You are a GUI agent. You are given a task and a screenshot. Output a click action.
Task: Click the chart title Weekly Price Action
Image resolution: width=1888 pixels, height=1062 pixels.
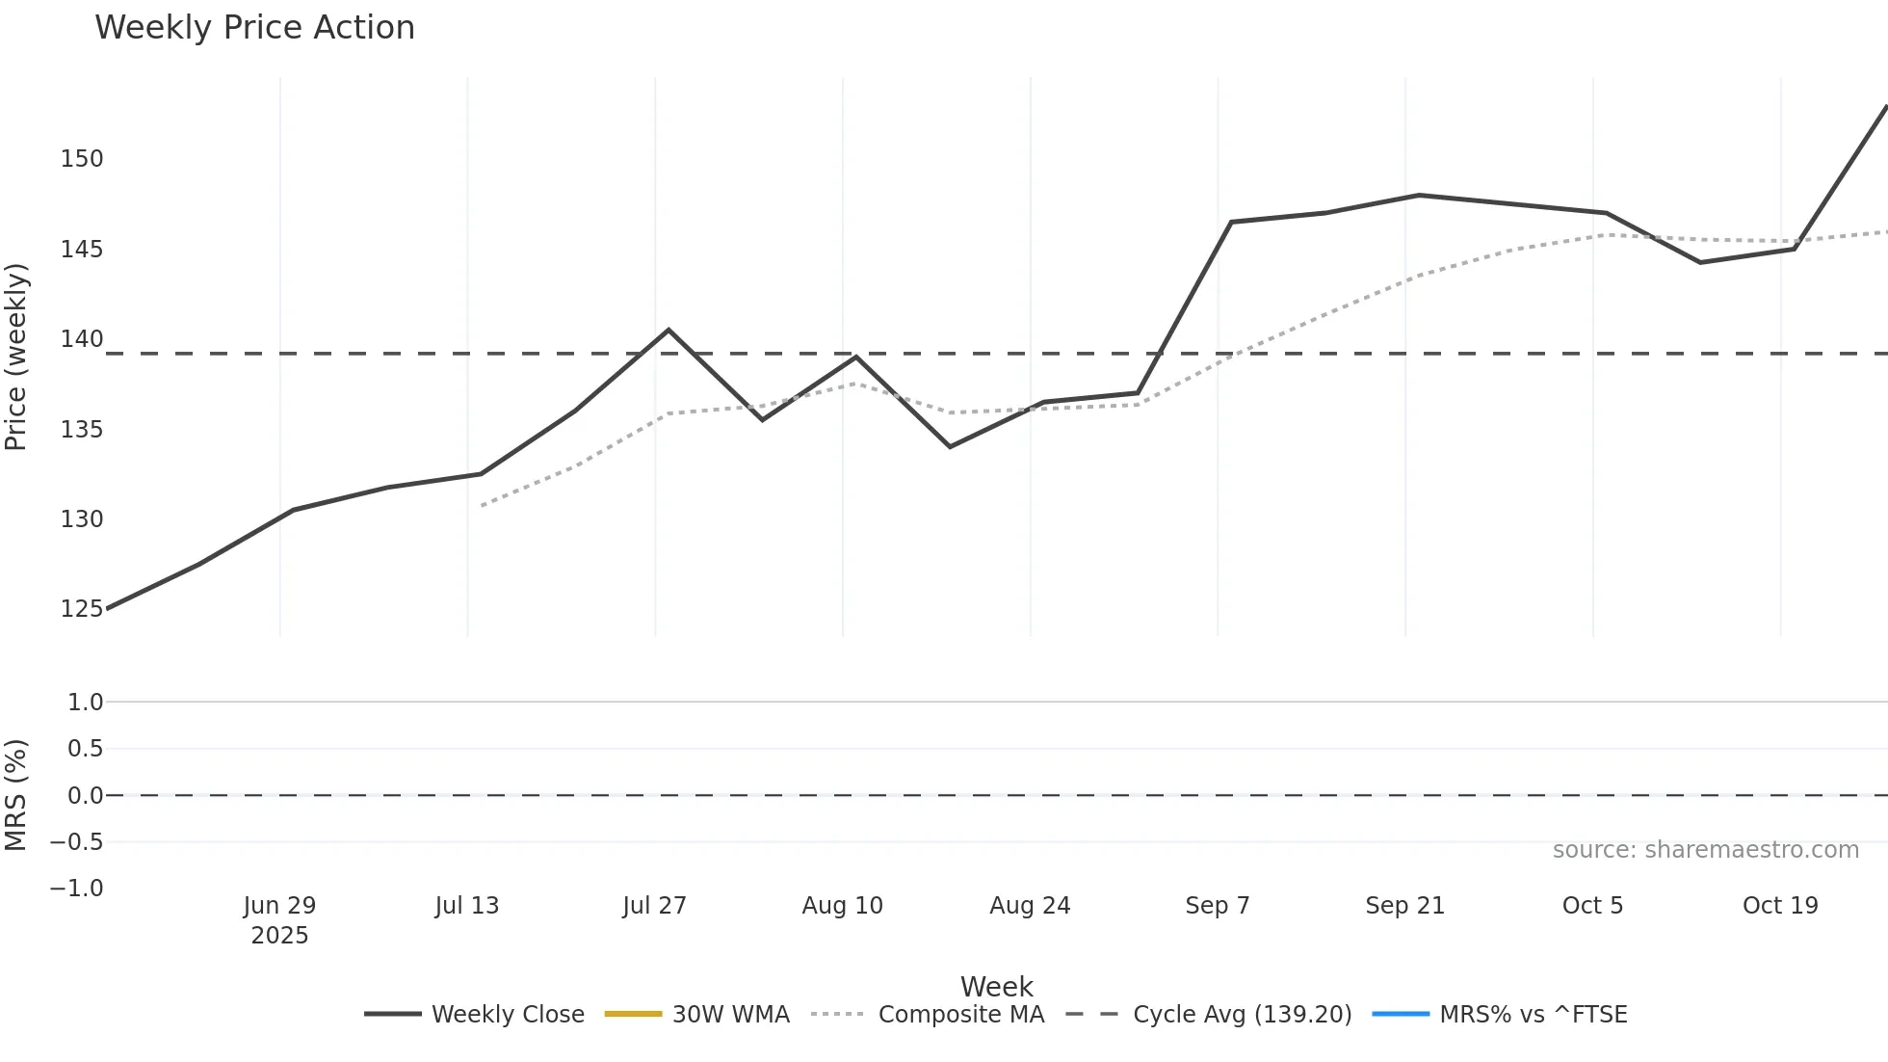[x=254, y=28]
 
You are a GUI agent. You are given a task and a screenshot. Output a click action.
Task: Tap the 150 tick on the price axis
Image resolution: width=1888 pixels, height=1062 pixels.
[x=81, y=159]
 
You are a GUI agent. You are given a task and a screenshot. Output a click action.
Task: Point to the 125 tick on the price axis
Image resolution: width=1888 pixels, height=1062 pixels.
[x=81, y=609]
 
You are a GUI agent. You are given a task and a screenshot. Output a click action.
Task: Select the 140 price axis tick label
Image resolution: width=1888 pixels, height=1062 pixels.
[x=81, y=339]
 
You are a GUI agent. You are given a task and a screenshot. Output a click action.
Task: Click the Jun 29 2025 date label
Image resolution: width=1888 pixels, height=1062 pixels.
[x=279, y=919]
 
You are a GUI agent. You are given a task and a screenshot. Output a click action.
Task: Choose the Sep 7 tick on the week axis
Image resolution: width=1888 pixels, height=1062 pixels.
[x=1217, y=906]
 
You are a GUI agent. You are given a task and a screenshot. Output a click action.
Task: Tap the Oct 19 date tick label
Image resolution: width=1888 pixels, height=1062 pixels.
[x=1780, y=906]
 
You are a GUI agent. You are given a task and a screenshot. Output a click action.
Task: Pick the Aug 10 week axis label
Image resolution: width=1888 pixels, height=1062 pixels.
[x=842, y=906]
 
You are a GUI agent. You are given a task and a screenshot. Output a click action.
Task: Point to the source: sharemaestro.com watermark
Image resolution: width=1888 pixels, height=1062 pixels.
[x=1705, y=850]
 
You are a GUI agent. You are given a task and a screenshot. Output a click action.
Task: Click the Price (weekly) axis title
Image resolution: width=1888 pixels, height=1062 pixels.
[x=16, y=357]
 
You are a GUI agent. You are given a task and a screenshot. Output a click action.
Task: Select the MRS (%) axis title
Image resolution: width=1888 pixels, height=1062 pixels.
[x=16, y=795]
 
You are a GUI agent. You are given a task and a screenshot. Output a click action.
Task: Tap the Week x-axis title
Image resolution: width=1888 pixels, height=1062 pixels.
[x=996, y=987]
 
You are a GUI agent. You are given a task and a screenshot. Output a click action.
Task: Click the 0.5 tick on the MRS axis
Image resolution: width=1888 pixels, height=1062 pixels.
[x=85, y=749]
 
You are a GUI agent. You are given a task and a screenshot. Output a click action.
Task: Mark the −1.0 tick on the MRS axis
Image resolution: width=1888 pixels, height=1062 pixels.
[x=77, y=889]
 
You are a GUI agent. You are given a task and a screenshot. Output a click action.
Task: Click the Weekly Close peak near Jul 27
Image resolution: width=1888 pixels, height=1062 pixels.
[x=669, y=331]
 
